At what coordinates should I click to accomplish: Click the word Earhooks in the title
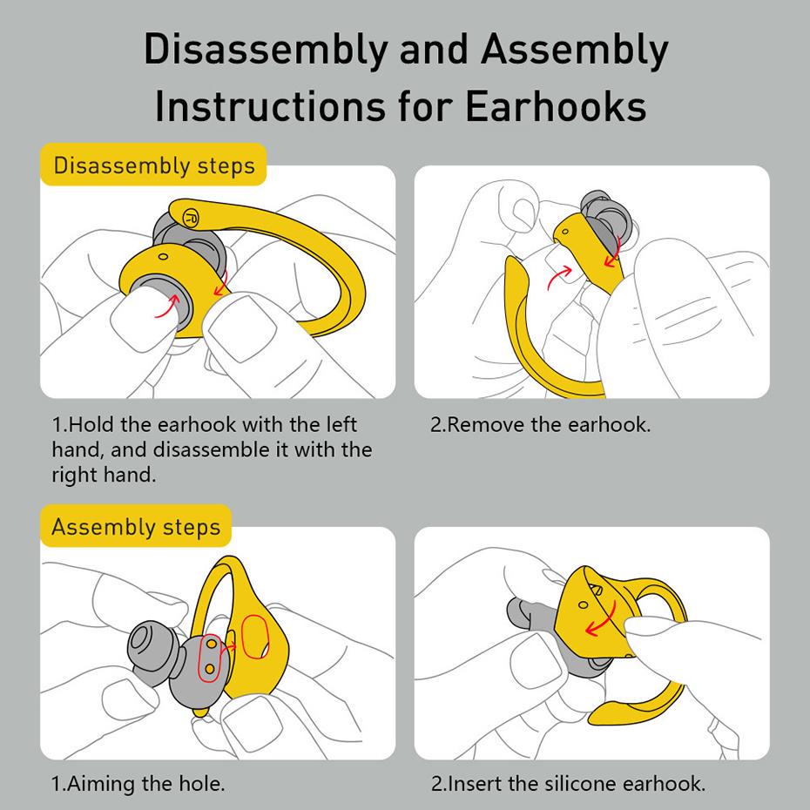554,106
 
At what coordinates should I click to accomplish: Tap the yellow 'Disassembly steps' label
153,165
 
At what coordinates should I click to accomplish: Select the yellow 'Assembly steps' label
136,527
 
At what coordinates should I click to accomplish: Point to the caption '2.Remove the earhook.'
540,425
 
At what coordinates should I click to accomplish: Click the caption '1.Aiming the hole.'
138,783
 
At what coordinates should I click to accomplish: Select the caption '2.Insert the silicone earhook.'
567,783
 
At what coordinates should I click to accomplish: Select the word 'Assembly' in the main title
575,50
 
